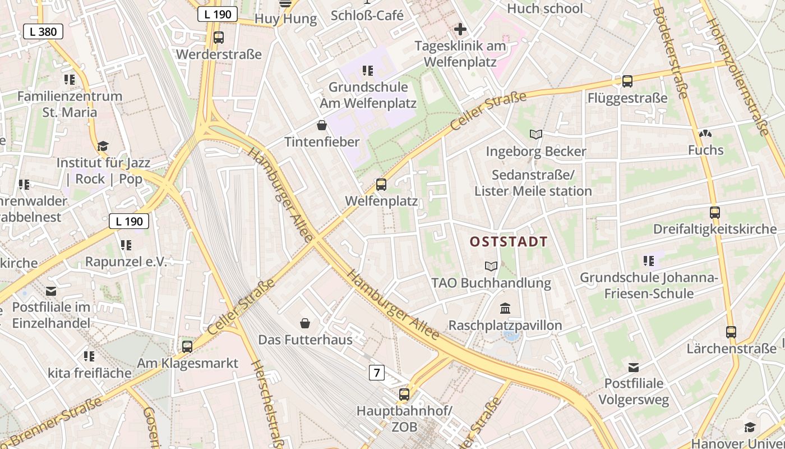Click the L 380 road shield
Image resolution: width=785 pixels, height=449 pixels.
click(x=43, y=31)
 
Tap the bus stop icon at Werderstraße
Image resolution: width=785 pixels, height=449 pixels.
click(x=219, y=38)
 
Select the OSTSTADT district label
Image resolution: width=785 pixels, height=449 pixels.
click(x=509, y=242)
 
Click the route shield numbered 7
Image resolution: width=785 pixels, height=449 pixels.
click(x=377, y=372)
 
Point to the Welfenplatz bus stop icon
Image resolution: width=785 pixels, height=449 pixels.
click(x=381, y=184)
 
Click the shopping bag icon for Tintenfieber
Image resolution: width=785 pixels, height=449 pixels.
click(x=322, y=125)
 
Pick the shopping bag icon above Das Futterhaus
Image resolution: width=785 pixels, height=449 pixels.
click(x=305, y=323)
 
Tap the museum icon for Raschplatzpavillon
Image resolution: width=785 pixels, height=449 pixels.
click(x=505, y=308)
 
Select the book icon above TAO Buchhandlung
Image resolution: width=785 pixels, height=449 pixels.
click(x=491, y=265)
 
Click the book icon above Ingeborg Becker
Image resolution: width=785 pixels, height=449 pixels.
click(x=536, y=134)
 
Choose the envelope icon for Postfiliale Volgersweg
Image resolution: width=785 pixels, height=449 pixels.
click(x=634, y=368)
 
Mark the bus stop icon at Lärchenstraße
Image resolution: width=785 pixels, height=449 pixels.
click(x=731, y=332)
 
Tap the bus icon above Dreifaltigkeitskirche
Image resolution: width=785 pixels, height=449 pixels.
click(x=714, y=213)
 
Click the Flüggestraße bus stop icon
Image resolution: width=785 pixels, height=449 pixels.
click(x=627, y=81)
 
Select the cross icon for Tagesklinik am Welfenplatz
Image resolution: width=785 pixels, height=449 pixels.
click(x=460, y=29)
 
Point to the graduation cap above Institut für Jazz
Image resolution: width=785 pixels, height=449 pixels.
click(x=103, y=146)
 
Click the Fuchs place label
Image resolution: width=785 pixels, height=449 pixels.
click(x=706, y=150)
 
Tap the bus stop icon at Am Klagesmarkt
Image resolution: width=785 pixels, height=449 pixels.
click(x=187, y=346)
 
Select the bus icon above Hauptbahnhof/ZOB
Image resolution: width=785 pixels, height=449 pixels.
click(x=404, y=394)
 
